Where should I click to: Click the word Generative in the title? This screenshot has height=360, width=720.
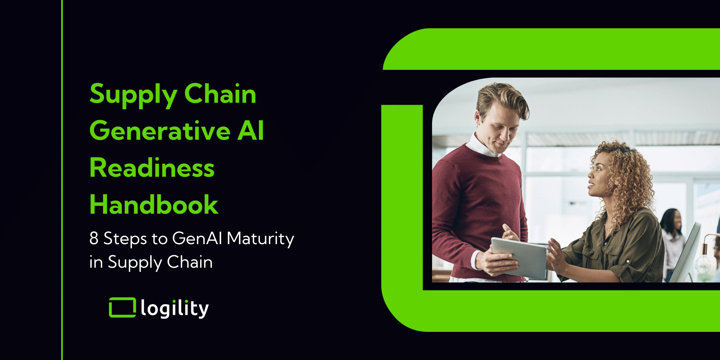tap(160, 131)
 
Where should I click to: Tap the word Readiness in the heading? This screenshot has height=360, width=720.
tap(152, 168)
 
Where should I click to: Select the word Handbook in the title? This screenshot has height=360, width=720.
tap(154, 204)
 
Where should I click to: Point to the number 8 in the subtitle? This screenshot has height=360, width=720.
tap(94, 238)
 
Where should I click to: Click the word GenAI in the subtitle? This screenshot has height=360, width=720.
tap(197, 238)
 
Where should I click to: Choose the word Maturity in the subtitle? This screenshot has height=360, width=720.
tap(261, 239)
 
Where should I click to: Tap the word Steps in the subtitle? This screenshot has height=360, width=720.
tap(125, 239)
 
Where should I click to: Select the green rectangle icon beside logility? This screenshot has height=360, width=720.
tap(122, 307)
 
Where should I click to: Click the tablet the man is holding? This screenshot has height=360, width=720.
tap(519, 258)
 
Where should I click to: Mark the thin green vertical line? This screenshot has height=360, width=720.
tap(62, 180)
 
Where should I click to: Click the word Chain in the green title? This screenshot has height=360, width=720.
tap(220, 94)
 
